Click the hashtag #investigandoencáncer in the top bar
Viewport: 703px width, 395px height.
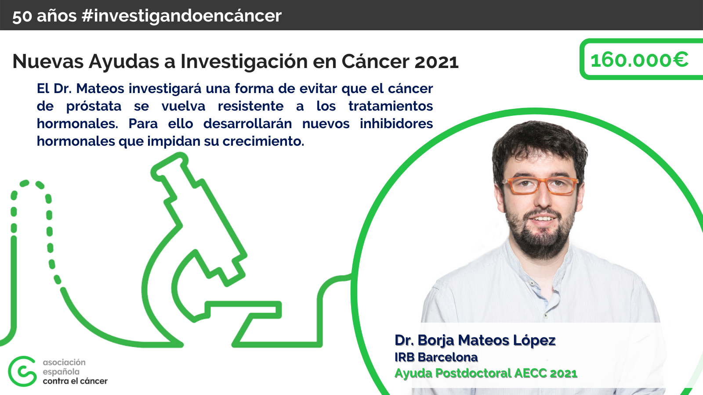tap(181, 16)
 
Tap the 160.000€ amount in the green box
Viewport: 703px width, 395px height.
tap(639, 60)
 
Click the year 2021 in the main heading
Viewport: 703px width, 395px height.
tap(437, 62)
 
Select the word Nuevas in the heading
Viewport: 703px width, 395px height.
tap(48, 61)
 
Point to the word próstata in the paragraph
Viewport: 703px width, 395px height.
tap(94, 106)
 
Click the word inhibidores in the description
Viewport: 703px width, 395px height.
tap(396, 123)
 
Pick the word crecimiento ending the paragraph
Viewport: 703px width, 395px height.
tap(263, 141)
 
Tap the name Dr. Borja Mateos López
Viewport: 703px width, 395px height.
tap(475, 341)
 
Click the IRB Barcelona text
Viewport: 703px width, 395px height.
tap(436, 357)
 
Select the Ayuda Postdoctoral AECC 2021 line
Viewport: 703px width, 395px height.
tap(486, 373)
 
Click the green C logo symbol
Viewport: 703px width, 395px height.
tap(22, 371)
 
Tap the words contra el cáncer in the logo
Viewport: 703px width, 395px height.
tap(75, 381)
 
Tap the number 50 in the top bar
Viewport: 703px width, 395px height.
tap(22, 16)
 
